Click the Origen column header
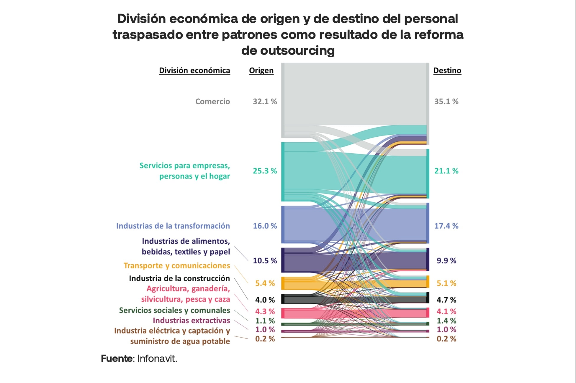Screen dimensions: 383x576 coord(261,70)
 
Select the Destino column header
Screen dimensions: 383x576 coord(447,70)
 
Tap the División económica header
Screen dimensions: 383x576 coord(194,70)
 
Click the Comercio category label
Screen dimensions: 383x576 coord(212,101)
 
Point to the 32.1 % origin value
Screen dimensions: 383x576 coord(265,101)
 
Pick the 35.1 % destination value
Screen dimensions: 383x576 coord(446,101)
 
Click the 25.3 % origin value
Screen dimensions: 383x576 coord(265,171)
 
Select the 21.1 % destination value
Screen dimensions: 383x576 coord(446,171)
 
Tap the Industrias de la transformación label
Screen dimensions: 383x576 coord(173,226)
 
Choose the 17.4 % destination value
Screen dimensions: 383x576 coord(446,226)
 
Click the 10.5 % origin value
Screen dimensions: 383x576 coord(265,261)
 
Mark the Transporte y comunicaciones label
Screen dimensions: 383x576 coord(177,266)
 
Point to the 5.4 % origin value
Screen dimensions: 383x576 coord(265,283)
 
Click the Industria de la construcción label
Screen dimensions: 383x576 coord(179,278)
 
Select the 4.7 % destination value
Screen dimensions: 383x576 coord(446,300)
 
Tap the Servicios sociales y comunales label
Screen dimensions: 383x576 coord(174,310)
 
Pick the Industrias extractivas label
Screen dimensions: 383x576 coord(191,321)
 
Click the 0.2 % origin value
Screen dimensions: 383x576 coord(265,339)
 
